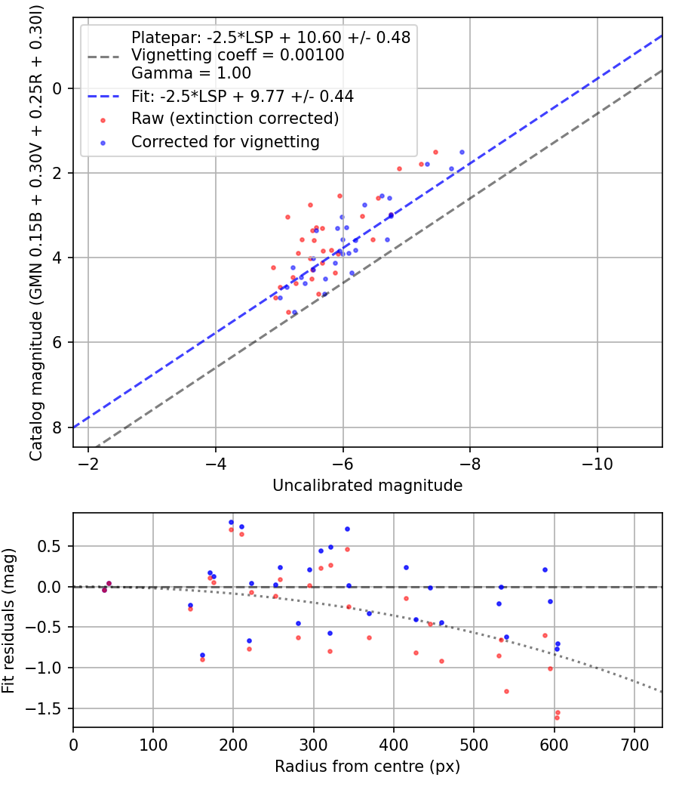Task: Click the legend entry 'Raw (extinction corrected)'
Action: click(235, 119)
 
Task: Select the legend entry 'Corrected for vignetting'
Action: click(225, 141)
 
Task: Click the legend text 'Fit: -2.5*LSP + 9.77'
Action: click(242, 97)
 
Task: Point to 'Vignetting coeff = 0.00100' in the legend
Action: click(238, 55)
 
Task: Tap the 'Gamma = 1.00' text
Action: click(191, 73)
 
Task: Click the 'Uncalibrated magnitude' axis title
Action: click(367, 486)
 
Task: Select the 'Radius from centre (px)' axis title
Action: click(367, 767)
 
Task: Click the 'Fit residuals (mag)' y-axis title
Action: click(8, 620)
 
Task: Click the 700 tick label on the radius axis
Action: click(634, 744)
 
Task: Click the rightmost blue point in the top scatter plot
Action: click(462, 152)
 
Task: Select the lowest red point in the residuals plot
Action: click(557, 717)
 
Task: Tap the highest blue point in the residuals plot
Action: click(232, 523)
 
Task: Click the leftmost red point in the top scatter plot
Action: click(273, 267)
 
